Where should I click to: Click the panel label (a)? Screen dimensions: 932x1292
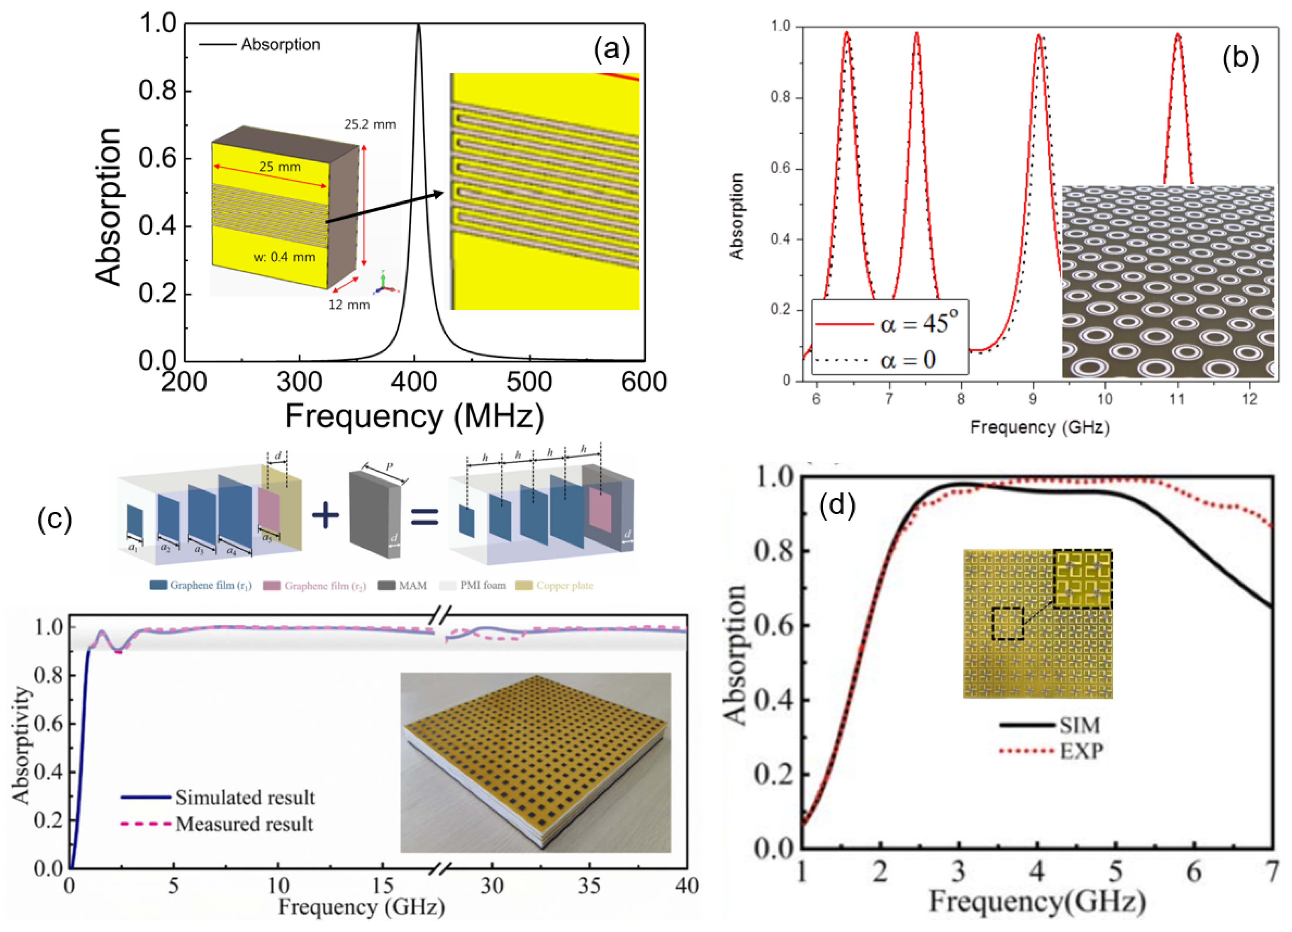[x=612, y=49]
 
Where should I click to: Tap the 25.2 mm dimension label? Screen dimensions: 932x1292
[x=370, y=124]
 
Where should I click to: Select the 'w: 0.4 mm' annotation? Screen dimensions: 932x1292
[x=284, y=257]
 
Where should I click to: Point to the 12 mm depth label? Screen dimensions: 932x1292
[x=349, y=305]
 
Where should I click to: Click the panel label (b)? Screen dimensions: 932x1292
[x=1241, y=58]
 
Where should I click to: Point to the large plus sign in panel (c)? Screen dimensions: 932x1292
[x=325, y=515]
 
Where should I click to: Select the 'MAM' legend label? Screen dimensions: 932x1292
[x=412, y=585]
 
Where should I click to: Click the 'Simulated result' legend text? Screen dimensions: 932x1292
[x=245, y=797]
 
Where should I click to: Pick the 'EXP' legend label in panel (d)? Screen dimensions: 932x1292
[x=1081, y=751]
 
